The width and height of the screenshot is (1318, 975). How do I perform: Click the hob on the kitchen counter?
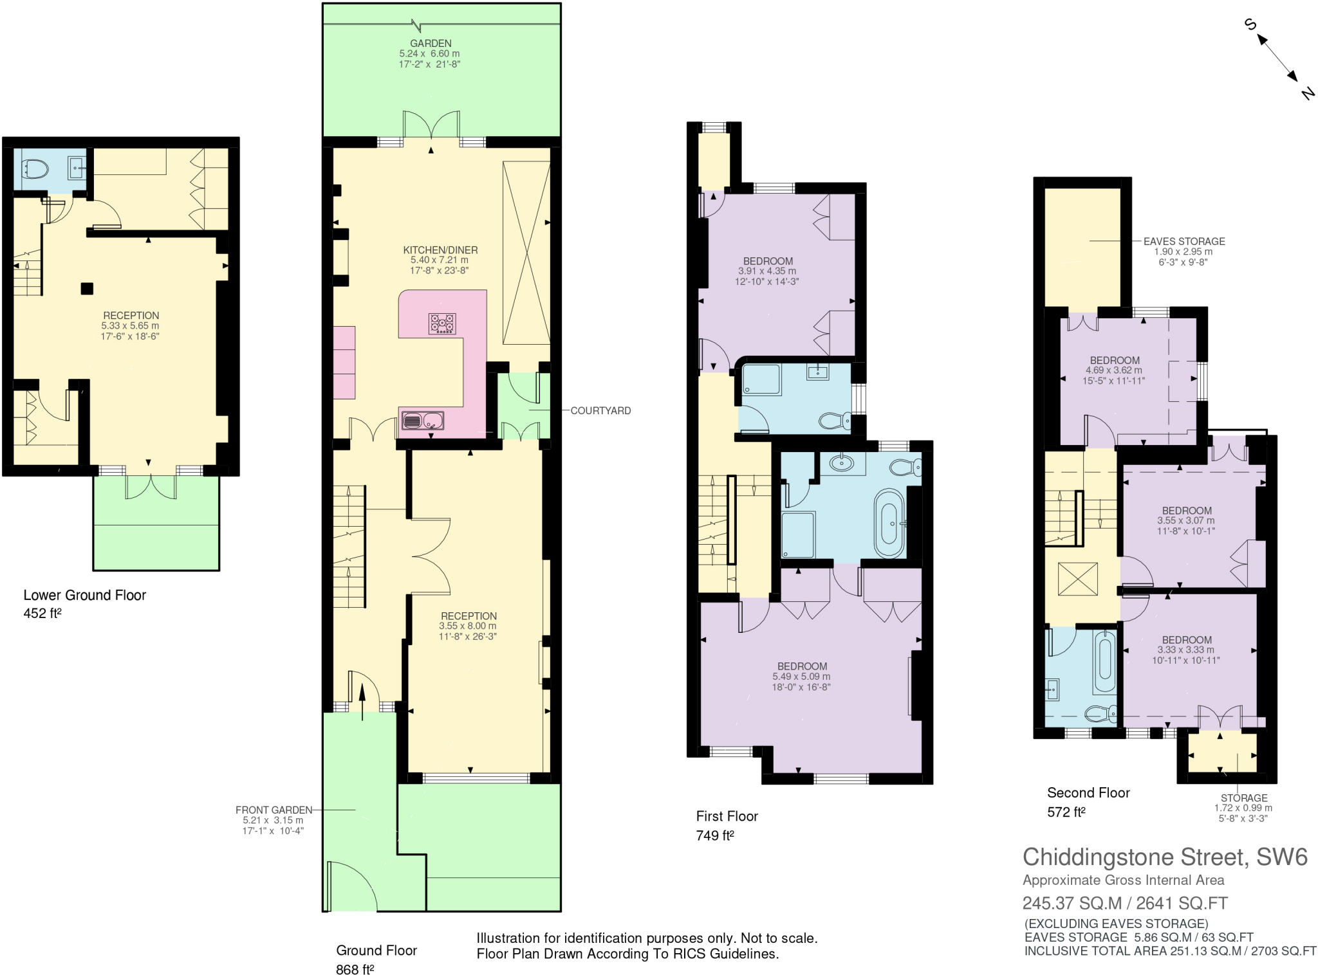click(x=442, y=323)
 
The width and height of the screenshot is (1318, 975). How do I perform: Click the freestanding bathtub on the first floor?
click(x=889, y=523)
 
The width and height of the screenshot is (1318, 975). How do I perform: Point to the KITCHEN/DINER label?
click(x=440, y=250)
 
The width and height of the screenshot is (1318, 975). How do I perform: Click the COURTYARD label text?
click(x=600, y=410)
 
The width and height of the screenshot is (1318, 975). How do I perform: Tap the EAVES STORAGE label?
click(x=1183, y=241)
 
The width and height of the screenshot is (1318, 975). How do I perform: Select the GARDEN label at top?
click(x=431, y=43)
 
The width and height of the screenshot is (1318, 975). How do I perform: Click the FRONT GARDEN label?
click(x=274, y=810)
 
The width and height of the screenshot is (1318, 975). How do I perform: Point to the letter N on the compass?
click(x=1306, y=94)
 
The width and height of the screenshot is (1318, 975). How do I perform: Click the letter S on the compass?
click(x=1250, y=25)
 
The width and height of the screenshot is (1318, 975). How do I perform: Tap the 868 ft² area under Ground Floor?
click(x=355, y=969)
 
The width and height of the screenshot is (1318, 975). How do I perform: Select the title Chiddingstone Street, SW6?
click(x=1165, y=857)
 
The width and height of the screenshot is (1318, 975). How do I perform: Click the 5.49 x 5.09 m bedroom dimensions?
click(x=801, y=677)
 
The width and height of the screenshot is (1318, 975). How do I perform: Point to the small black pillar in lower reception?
click(x=86, y=289)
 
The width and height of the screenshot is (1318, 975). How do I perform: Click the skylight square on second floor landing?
click(x=1077, y=579)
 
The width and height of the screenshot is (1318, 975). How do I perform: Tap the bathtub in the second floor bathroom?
click(x=1104, y=662)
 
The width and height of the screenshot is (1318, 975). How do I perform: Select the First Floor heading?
click(x=727, y=816)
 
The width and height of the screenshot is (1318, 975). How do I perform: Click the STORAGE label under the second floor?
click(x=1243, y=797)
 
